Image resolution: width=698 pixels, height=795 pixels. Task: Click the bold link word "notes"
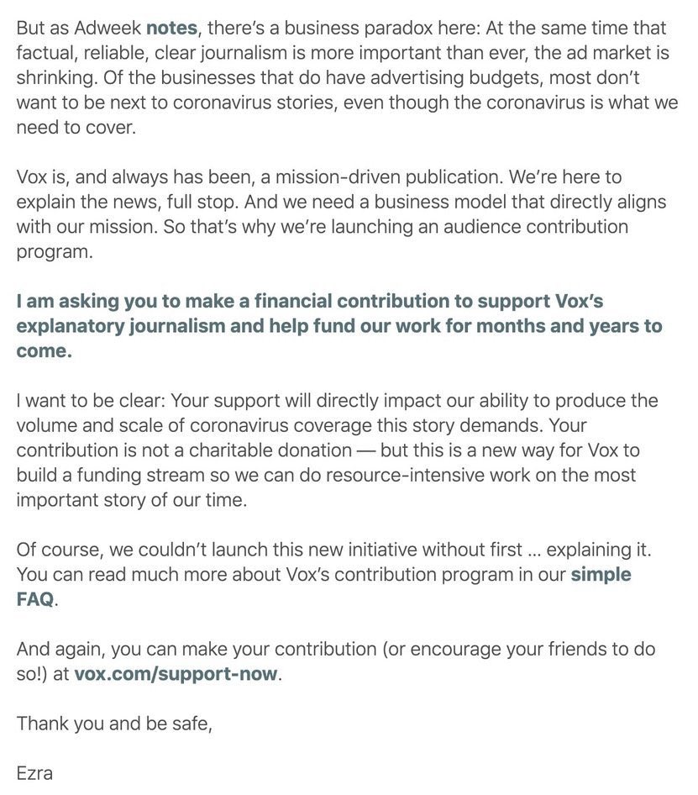[171, 27]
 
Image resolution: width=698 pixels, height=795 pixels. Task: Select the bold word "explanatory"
[69, 326]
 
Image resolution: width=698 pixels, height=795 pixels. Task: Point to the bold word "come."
[44, 351]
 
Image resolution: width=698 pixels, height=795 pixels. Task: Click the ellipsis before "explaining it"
[531, 550]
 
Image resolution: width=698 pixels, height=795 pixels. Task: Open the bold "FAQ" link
[35, 600]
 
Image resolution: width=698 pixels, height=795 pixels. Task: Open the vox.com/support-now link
[176, 674]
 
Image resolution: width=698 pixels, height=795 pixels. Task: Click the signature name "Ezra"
[34, 772]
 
